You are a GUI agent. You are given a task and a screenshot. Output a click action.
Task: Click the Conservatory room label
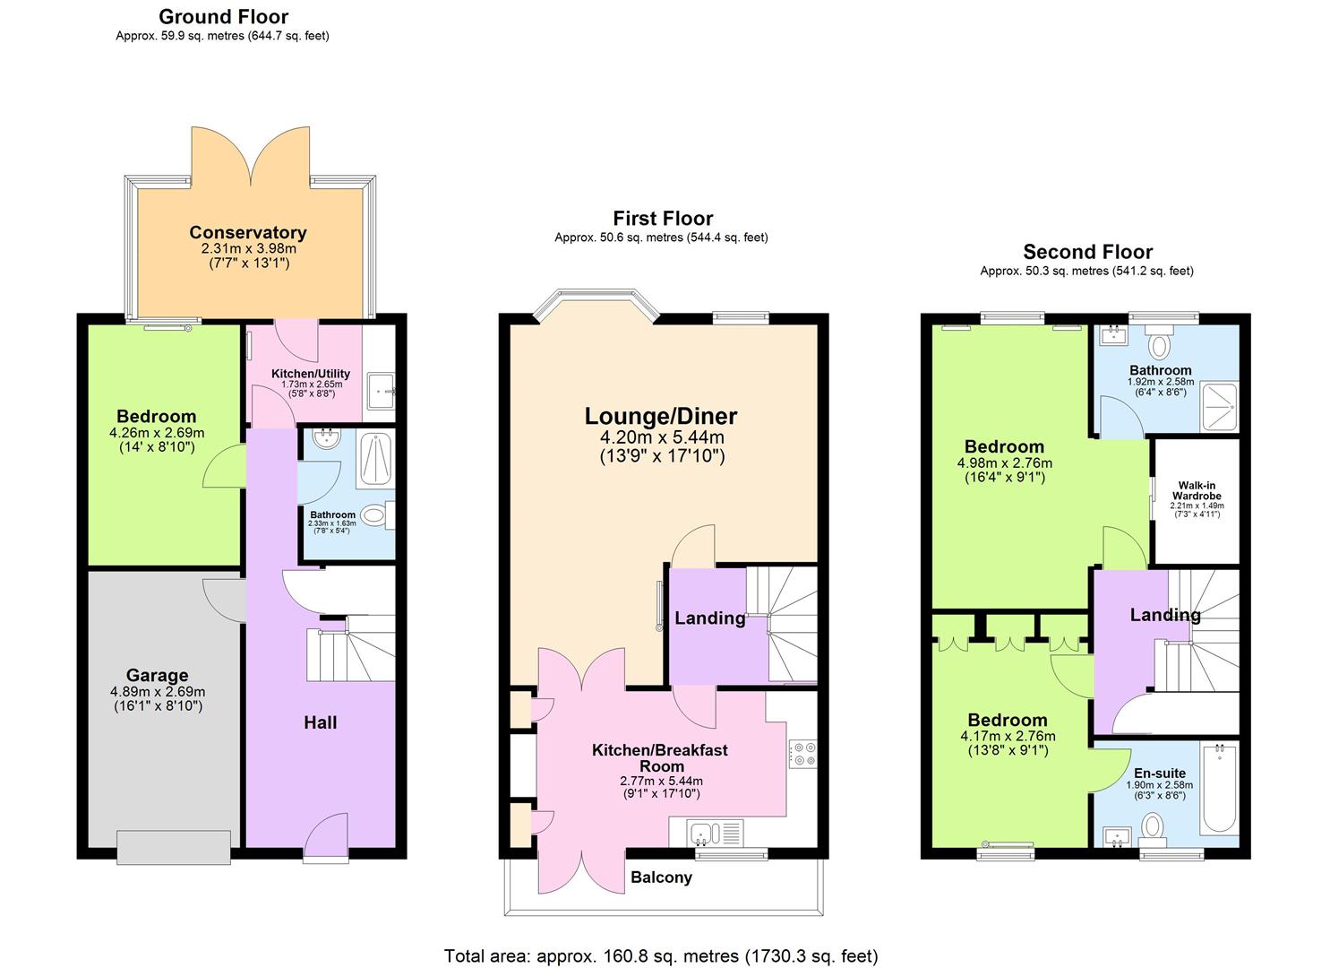click(x=247, y=233)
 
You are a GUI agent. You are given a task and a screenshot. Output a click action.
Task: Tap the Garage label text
click(x=157, y=676)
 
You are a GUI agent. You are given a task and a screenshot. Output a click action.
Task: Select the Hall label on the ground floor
click(x=320, y=722)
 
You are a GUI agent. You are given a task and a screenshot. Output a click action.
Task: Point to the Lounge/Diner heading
click(x=661, y=416)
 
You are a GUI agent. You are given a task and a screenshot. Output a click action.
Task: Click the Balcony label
click(x=661, y=877)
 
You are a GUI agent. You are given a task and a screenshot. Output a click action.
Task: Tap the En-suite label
click(x=1160, y=773)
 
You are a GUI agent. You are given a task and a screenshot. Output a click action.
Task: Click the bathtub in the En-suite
click(x=1218, y=789)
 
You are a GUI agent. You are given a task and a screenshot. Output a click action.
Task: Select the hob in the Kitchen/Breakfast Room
click(x=802, y=753)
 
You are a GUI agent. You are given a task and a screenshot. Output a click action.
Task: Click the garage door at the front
click(x=174, y=846)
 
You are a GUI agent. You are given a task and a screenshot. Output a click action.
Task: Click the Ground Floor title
click(x=223, y=17)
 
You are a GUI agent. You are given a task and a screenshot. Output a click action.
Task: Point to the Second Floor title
click(x=1087, y=252)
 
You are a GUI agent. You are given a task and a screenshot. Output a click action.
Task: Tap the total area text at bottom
click(x=661, y=955)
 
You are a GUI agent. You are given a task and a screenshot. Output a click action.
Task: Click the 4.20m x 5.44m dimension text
click(x=661, y=437)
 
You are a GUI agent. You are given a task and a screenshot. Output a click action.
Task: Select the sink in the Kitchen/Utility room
click(x=383, y=392)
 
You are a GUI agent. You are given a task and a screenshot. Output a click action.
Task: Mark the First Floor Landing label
click(x=709, y=618)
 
